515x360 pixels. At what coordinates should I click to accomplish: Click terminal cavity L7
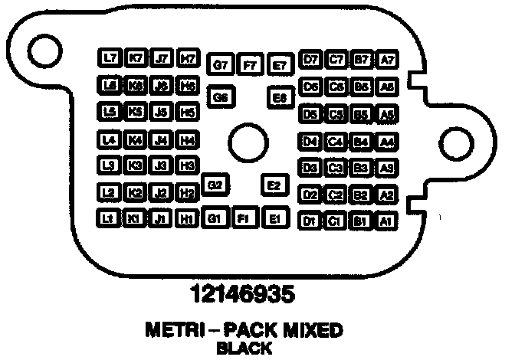click(110, 58)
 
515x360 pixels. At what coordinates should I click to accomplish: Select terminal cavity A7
click(387, 59)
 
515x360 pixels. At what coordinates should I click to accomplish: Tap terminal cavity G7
click(221, 65)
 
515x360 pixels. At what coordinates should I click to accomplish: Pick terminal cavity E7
click(280, 66)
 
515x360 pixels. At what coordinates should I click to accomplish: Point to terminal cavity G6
click(221, 97)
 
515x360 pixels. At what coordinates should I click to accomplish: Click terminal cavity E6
click(280, 98)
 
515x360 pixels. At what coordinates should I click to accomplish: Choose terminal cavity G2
click(215, 185)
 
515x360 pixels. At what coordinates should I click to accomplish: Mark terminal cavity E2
click(274, 185)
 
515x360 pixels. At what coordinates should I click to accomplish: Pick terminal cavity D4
click(310, 142)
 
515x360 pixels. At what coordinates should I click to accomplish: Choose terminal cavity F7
click(250, 66)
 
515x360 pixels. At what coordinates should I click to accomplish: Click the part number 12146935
click(243, 293)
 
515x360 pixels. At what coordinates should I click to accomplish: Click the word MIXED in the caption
click(310, 331)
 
